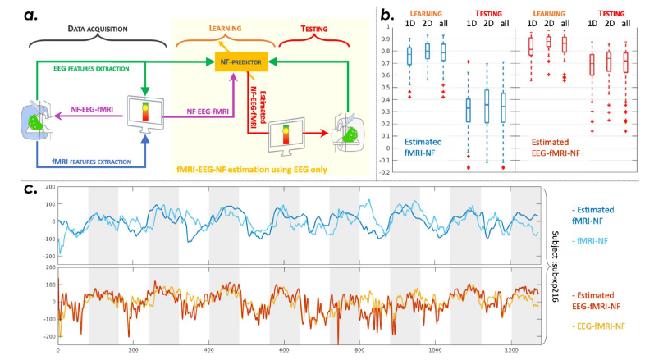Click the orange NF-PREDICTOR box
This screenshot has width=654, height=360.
coord(238,61)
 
